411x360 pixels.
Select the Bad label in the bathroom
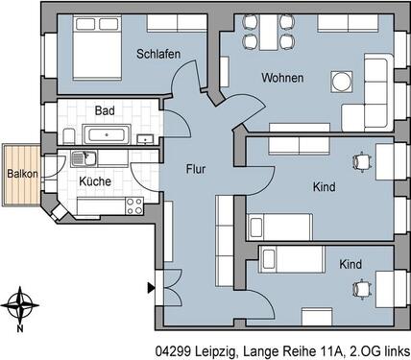click(x=106, y=111)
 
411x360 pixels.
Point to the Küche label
click(x=95, y=180)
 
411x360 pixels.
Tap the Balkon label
click(x=22, y=174)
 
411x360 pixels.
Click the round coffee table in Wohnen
click(x=341, y=80)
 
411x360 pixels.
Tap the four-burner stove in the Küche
click(x=133, y=204)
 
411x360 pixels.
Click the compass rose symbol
click(x=19, y=306)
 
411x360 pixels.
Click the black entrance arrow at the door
click(x=150, y=286)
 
